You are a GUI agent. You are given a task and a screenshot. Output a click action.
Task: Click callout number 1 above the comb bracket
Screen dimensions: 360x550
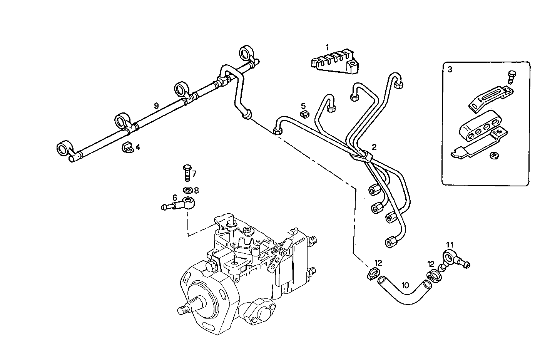coord(327,48)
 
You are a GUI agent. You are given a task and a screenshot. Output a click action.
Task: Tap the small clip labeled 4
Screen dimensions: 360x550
coord(127,147)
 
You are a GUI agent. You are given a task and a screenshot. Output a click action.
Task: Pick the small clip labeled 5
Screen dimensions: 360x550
coord(304,113)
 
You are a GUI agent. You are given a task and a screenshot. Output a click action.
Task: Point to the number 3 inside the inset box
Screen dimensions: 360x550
coord(450,70)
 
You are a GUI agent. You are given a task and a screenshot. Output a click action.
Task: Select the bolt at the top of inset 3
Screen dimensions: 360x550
coord(511,77)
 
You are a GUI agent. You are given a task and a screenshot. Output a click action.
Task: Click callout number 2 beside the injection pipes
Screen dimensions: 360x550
coord(374,147)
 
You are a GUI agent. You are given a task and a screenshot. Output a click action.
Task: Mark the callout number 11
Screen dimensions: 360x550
coord(450,244)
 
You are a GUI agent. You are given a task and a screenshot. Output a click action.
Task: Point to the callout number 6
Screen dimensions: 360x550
coord(175,197)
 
